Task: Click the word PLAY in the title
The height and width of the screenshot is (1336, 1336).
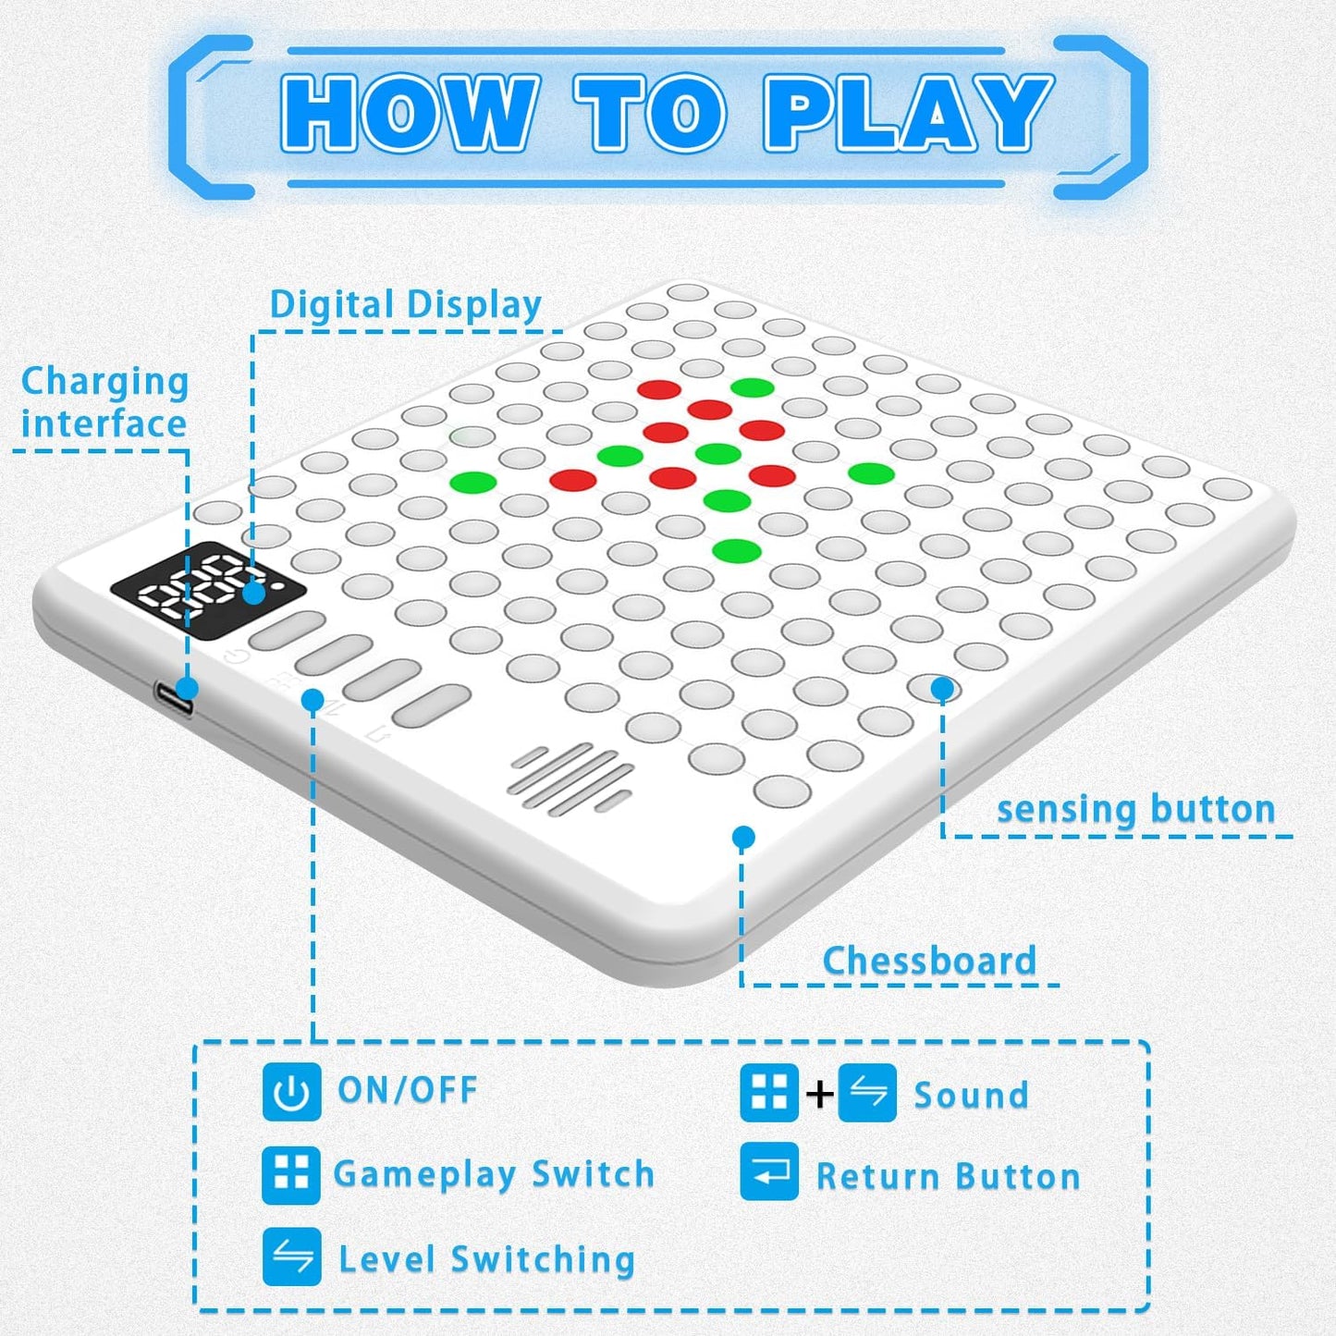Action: (x=908, y=113)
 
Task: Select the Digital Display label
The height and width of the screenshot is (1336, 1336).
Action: (x=405, y=304)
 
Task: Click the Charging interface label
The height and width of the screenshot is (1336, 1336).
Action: (x=104, y=402)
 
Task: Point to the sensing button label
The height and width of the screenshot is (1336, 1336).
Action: (x=1136, y=809)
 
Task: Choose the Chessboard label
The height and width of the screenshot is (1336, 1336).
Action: (x=929, y=961)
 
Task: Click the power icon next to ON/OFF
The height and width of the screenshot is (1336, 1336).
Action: (x=291, y=1092)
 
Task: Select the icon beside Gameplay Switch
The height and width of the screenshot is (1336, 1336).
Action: (x=291, y=1175)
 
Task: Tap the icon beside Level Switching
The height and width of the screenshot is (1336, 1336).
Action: (x=291, y=1256)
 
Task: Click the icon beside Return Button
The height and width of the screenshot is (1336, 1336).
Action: (x=769, y=1171)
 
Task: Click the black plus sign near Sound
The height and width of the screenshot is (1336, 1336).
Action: (x=819, y=1095)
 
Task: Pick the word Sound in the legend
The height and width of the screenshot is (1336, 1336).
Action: (x=971, y=1096)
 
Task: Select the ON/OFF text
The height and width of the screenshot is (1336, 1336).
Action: (x=408, y=1090)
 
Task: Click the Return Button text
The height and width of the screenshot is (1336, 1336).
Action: (x=948, y=1177)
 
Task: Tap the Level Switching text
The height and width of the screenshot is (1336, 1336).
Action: (x=486, y=1259)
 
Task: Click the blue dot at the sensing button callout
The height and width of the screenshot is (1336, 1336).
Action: (x=942, y=688)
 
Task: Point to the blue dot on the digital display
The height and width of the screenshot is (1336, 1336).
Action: (x=253, y=593)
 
